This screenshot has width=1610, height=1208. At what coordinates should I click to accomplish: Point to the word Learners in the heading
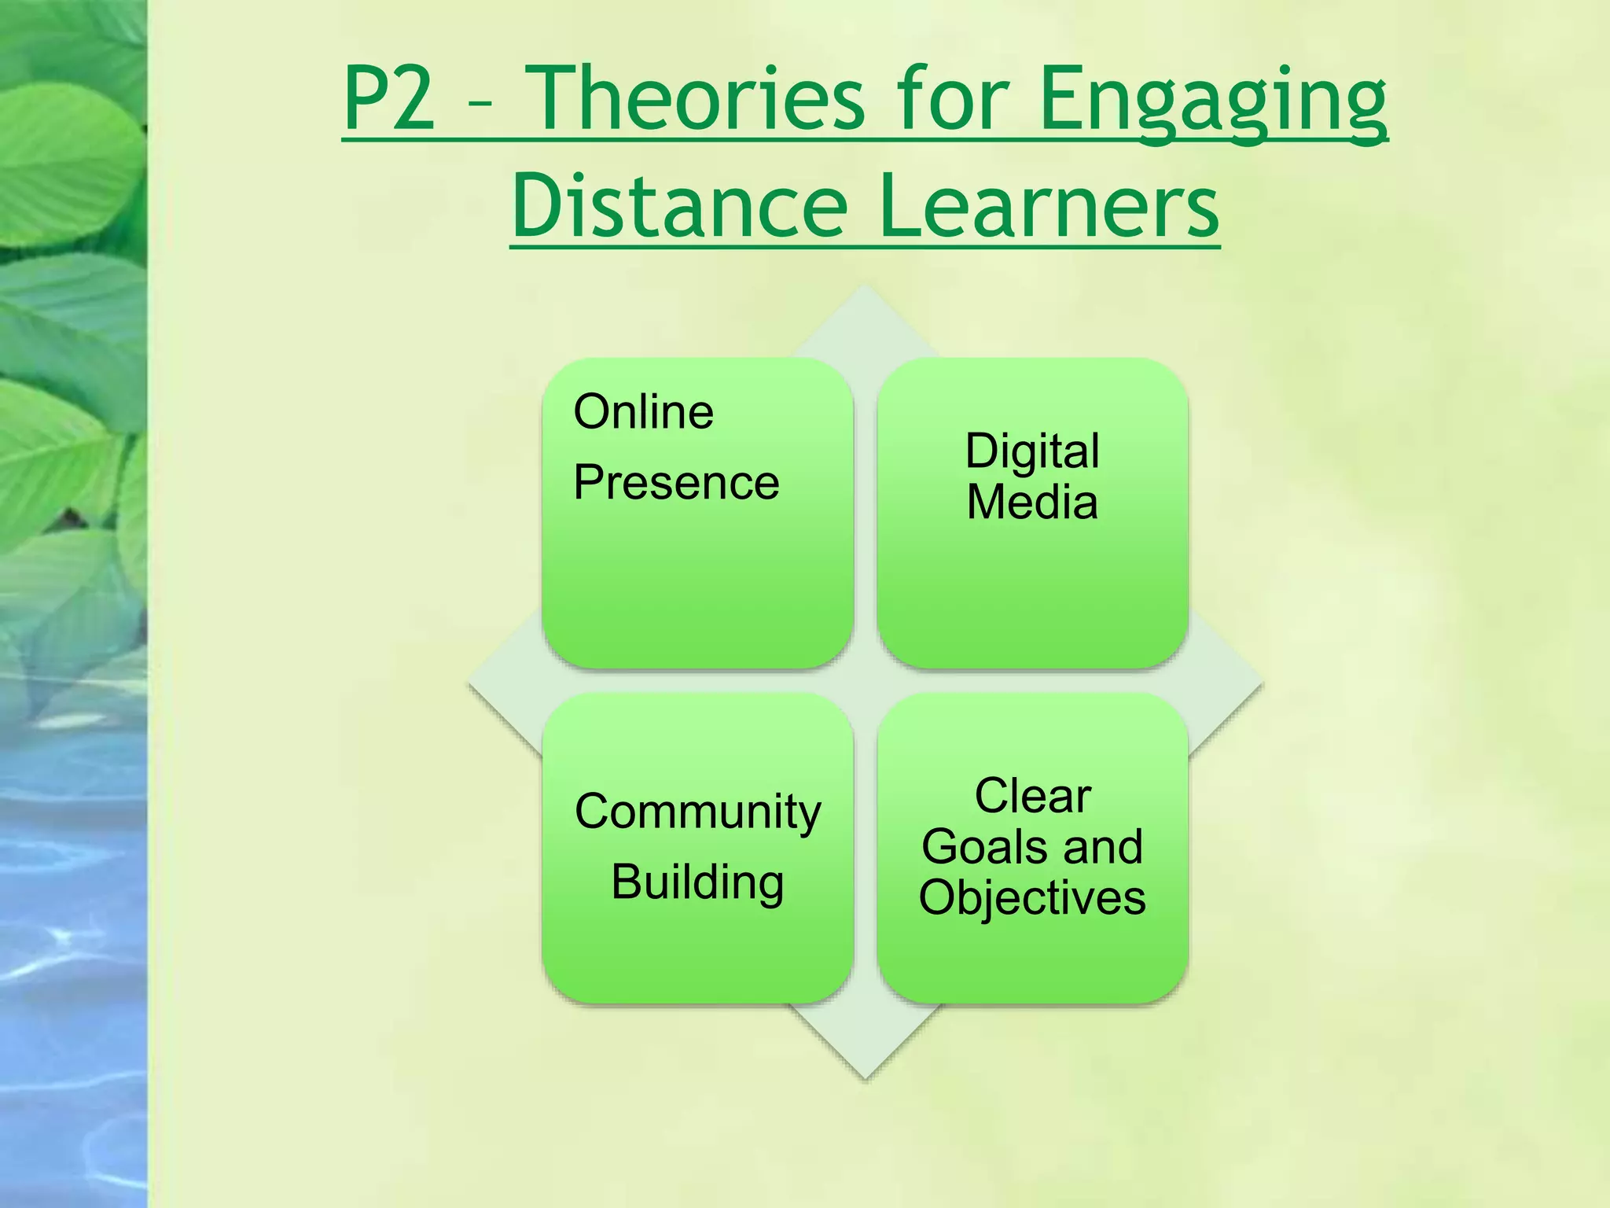coord(1049,206)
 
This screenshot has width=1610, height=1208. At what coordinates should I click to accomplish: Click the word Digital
coord(1031,451)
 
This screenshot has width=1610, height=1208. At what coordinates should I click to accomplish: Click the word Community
coord(697,812)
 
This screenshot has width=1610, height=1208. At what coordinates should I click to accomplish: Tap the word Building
coord(697,882)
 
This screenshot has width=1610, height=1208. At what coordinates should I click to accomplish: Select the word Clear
coord(1032,796)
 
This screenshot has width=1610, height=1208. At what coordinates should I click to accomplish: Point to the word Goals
coord(977,847)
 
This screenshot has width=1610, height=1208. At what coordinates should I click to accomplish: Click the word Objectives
coord(1032,897)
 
